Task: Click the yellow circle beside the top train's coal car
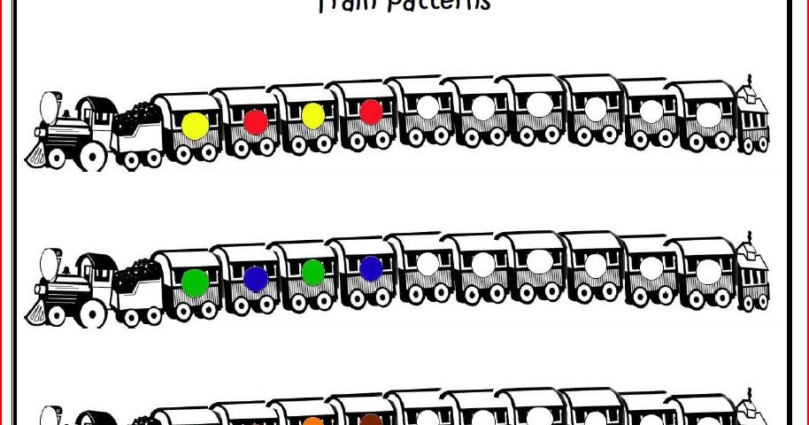click(x=195, y=125)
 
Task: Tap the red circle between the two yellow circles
click(x=256, y=121)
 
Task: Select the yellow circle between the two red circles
click(x=312, y=115)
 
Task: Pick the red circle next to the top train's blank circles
click(x=372, y=112)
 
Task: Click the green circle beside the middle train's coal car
click(x=195, y=282)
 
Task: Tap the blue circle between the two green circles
click(x=256, y=279)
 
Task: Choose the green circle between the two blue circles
click(x=312, y=272)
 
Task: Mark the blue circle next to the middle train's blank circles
click(x=372, y=268)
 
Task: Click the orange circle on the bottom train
click(x=314, y=421)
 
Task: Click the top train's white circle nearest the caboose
click(x=709, y=114)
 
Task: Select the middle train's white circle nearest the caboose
click(x=709, y=271)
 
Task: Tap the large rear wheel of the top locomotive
click(x=91, y=154)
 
